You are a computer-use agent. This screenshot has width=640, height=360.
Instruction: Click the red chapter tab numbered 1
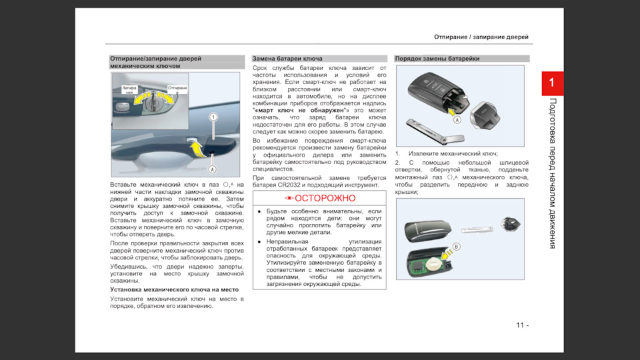(552, 83)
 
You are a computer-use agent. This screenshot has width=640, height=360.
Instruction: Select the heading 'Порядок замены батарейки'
(437, 59)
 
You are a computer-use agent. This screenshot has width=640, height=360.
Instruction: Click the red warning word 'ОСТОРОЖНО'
(319, 198)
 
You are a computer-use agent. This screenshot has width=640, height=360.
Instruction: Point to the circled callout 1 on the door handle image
(213, 117)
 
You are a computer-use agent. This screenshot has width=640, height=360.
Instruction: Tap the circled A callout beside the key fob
(457, 120)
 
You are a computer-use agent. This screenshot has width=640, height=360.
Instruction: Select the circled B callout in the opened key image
(456, 246)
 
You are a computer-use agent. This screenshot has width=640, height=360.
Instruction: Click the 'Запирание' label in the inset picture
(129, 90)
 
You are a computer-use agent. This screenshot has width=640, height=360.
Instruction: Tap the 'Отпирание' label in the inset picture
(177, 89)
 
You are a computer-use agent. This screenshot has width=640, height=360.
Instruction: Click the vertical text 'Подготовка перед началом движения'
(552, 173)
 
